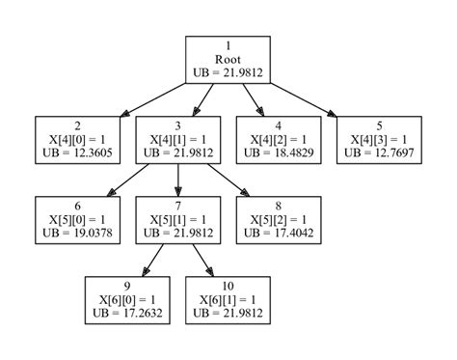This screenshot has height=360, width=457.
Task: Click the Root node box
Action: tap(228, 60)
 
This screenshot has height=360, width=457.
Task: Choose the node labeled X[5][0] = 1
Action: tap(76, 219)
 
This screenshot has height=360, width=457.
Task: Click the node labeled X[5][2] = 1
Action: tap(278, 219)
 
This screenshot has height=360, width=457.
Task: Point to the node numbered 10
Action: tap(228, 298)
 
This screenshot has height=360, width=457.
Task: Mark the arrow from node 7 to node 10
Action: tap(202, 259)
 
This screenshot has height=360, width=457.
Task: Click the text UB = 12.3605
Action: tap(76, 153)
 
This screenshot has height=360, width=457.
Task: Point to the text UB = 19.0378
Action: tap(76, 233)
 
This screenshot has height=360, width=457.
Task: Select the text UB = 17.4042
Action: tap(278, 233)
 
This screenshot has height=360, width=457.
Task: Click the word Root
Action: tap(228, 60)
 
